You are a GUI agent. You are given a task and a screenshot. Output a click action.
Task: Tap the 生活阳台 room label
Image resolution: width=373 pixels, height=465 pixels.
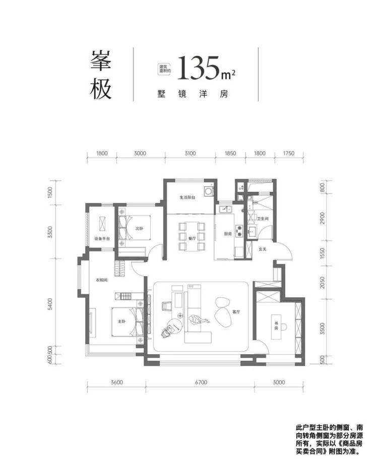(187, 197)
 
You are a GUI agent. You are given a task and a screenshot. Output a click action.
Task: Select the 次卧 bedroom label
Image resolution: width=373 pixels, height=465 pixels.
(139, 229)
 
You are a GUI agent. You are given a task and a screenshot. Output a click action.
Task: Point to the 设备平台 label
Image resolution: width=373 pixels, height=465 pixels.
(102, 238)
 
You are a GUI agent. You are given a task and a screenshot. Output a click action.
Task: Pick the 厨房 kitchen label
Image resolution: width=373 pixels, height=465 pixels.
(228, 234)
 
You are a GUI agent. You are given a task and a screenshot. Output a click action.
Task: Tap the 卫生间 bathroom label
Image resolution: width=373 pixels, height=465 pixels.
(263, 219)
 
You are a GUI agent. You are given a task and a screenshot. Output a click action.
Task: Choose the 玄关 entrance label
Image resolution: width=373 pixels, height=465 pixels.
(262, 249)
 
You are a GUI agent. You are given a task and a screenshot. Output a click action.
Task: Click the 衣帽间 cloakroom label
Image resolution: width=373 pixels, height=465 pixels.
(101, 280)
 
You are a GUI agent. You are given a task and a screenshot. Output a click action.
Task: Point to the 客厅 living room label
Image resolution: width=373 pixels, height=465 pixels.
(236, 312)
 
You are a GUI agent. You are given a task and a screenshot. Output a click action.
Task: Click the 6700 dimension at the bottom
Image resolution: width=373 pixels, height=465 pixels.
(201, 382)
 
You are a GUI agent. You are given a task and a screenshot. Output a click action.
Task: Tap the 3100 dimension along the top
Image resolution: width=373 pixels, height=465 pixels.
(190, 153)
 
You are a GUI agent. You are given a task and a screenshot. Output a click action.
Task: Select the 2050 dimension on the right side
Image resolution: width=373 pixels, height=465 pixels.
(323, 283)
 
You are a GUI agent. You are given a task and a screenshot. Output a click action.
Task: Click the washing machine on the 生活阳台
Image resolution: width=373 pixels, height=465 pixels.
(208, 191)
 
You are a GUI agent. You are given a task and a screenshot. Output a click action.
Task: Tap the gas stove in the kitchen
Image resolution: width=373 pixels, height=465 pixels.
(239, 231)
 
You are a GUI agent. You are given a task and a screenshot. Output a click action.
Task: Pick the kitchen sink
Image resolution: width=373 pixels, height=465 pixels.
(226, 209)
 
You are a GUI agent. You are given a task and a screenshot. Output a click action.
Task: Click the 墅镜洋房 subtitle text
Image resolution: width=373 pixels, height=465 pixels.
(193, 94)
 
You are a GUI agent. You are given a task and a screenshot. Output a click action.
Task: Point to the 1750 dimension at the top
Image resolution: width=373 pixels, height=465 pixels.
(288, 153)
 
